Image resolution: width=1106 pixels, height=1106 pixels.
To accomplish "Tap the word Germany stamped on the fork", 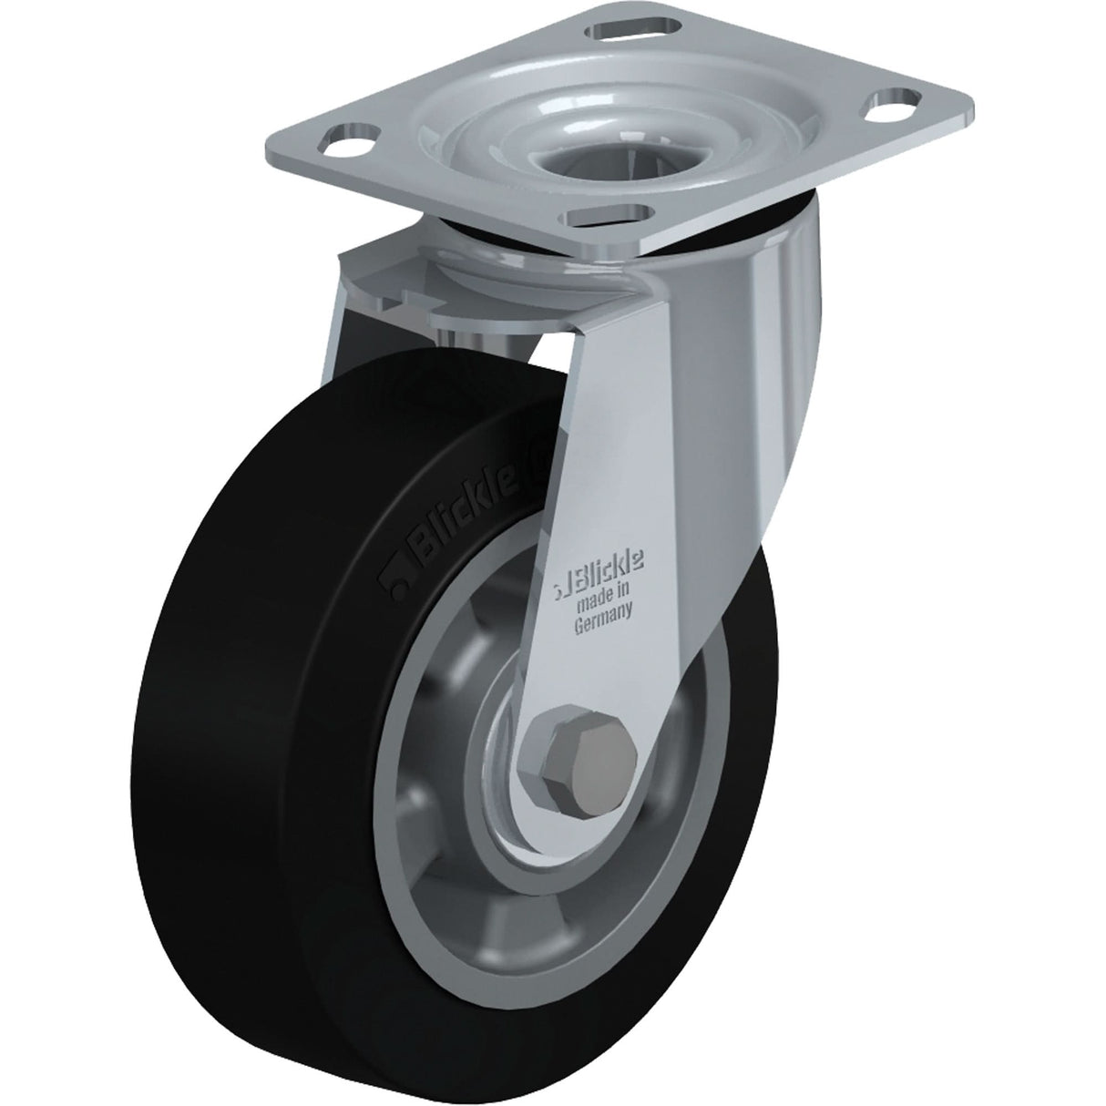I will [602, 626].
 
